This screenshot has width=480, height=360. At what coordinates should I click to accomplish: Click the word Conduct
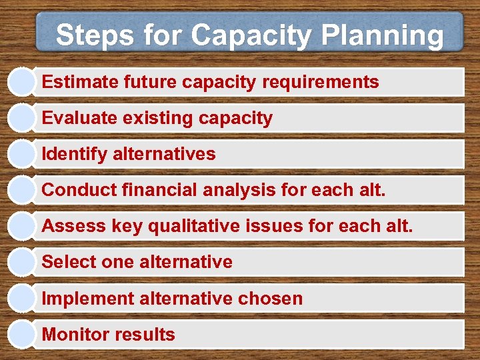coord(79,191)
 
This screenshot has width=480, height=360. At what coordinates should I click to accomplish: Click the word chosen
coord(270,299)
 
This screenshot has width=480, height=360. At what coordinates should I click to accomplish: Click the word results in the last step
coord(143,335)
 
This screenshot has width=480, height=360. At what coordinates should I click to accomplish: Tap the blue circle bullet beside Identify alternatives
coord(21,153)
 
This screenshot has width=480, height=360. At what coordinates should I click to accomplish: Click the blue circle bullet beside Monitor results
coord(21,333)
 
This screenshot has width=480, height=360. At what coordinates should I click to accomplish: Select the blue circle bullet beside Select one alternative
coord(21,261)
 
